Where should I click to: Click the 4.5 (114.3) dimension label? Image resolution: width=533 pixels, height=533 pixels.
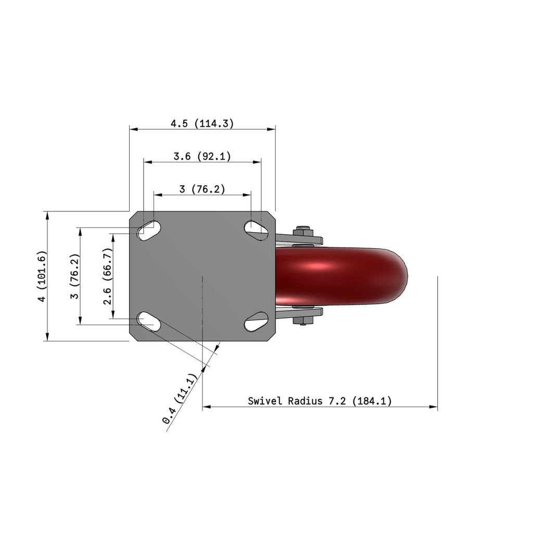pyautogui.click(x=202, y=123)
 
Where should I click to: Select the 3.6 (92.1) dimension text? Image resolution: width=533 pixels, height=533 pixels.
pyautogui.click(x=202, y=156)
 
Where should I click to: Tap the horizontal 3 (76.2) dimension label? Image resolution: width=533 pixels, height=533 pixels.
pyautogui.click(x=202, y=189)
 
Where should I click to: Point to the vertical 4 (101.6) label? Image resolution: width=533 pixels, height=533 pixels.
pyautogui.click(x=42, y=276)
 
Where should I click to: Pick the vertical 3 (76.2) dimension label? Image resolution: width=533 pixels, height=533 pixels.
pyautogui.click(x=74, y=276)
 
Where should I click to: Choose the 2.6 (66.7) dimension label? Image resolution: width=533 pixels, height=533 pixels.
pyautogui.click(x=107, y=276)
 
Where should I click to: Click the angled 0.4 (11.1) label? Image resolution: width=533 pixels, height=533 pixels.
pyautogui.click(x=180, y=398)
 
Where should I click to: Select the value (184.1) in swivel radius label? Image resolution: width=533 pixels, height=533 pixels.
pyautogui.click(x=372, y=401)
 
